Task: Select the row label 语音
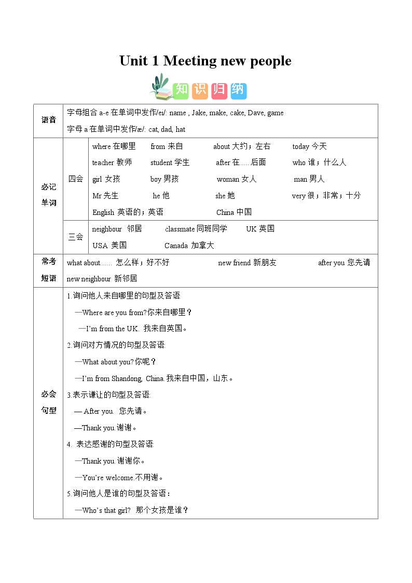(48, 120)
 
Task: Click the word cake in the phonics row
(236, 113)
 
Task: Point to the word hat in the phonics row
(181, 129)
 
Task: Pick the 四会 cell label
(76, 179)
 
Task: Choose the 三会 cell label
(76, 237)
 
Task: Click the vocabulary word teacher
(103, 162)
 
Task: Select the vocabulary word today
(300, 146)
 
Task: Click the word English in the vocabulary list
(103, 212)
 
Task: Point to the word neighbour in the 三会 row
(107, 229)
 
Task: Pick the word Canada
(176, 246)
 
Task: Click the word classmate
(180, 229)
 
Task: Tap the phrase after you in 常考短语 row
(331, 263)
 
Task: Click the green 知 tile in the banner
(181, 90)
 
